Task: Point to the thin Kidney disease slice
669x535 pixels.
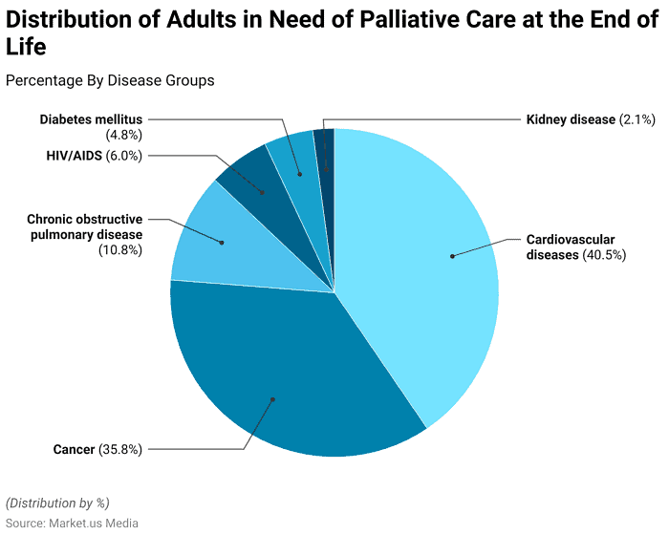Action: (325, 148)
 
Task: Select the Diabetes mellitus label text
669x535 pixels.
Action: (91, 119)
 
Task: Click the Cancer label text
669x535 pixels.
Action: (74, 449)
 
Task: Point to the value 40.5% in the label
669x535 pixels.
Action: (604, 255)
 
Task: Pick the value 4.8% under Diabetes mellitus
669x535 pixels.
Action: (124, 135)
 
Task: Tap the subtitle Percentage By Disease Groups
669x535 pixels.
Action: (110, 80)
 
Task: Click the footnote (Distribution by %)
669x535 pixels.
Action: (57, 503)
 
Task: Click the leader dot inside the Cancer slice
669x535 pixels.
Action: (272, 399)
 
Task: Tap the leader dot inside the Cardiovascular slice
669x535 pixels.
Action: (452, 255)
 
